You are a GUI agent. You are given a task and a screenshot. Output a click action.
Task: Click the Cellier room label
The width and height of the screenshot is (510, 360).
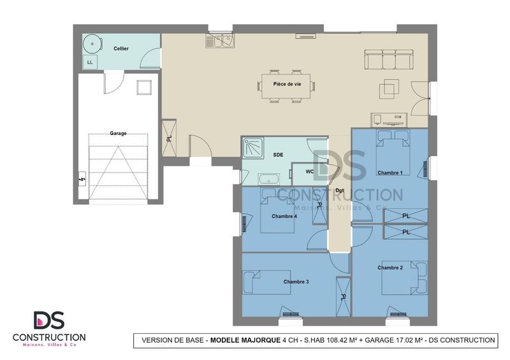pos(121,48)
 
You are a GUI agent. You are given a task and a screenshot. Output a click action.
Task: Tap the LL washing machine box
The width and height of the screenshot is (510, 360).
pos(89,62)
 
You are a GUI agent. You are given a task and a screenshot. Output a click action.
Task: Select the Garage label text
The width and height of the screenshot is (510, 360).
pos(118,133)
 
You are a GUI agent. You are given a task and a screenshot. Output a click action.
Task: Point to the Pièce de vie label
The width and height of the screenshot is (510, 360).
pos(287,83)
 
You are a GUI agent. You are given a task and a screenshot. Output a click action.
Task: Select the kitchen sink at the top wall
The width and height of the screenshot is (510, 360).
pos(220,41)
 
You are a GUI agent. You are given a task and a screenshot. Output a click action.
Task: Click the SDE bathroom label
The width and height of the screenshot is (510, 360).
pos(279,155)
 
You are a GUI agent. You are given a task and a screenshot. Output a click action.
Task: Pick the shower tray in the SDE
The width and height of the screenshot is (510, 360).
pos(252,148)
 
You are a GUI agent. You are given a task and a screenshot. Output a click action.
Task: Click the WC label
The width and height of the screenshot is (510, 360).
pos(309,171)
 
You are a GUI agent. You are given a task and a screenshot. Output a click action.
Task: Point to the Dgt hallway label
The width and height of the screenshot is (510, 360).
pos(340,191)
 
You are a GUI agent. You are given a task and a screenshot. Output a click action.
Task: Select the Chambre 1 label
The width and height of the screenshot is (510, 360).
pos(390,173)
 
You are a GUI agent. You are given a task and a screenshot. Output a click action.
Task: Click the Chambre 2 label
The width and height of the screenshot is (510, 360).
pos(390,268)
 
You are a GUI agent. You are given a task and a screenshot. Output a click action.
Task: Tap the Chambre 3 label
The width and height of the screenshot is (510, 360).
pos(296,281)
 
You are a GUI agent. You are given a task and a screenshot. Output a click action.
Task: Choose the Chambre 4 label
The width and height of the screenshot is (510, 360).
pos(284,216)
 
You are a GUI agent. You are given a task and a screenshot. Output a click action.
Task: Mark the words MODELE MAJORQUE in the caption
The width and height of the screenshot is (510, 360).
pos(245,340)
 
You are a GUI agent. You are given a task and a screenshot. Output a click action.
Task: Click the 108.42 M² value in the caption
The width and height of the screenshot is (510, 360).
pos(333,340)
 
